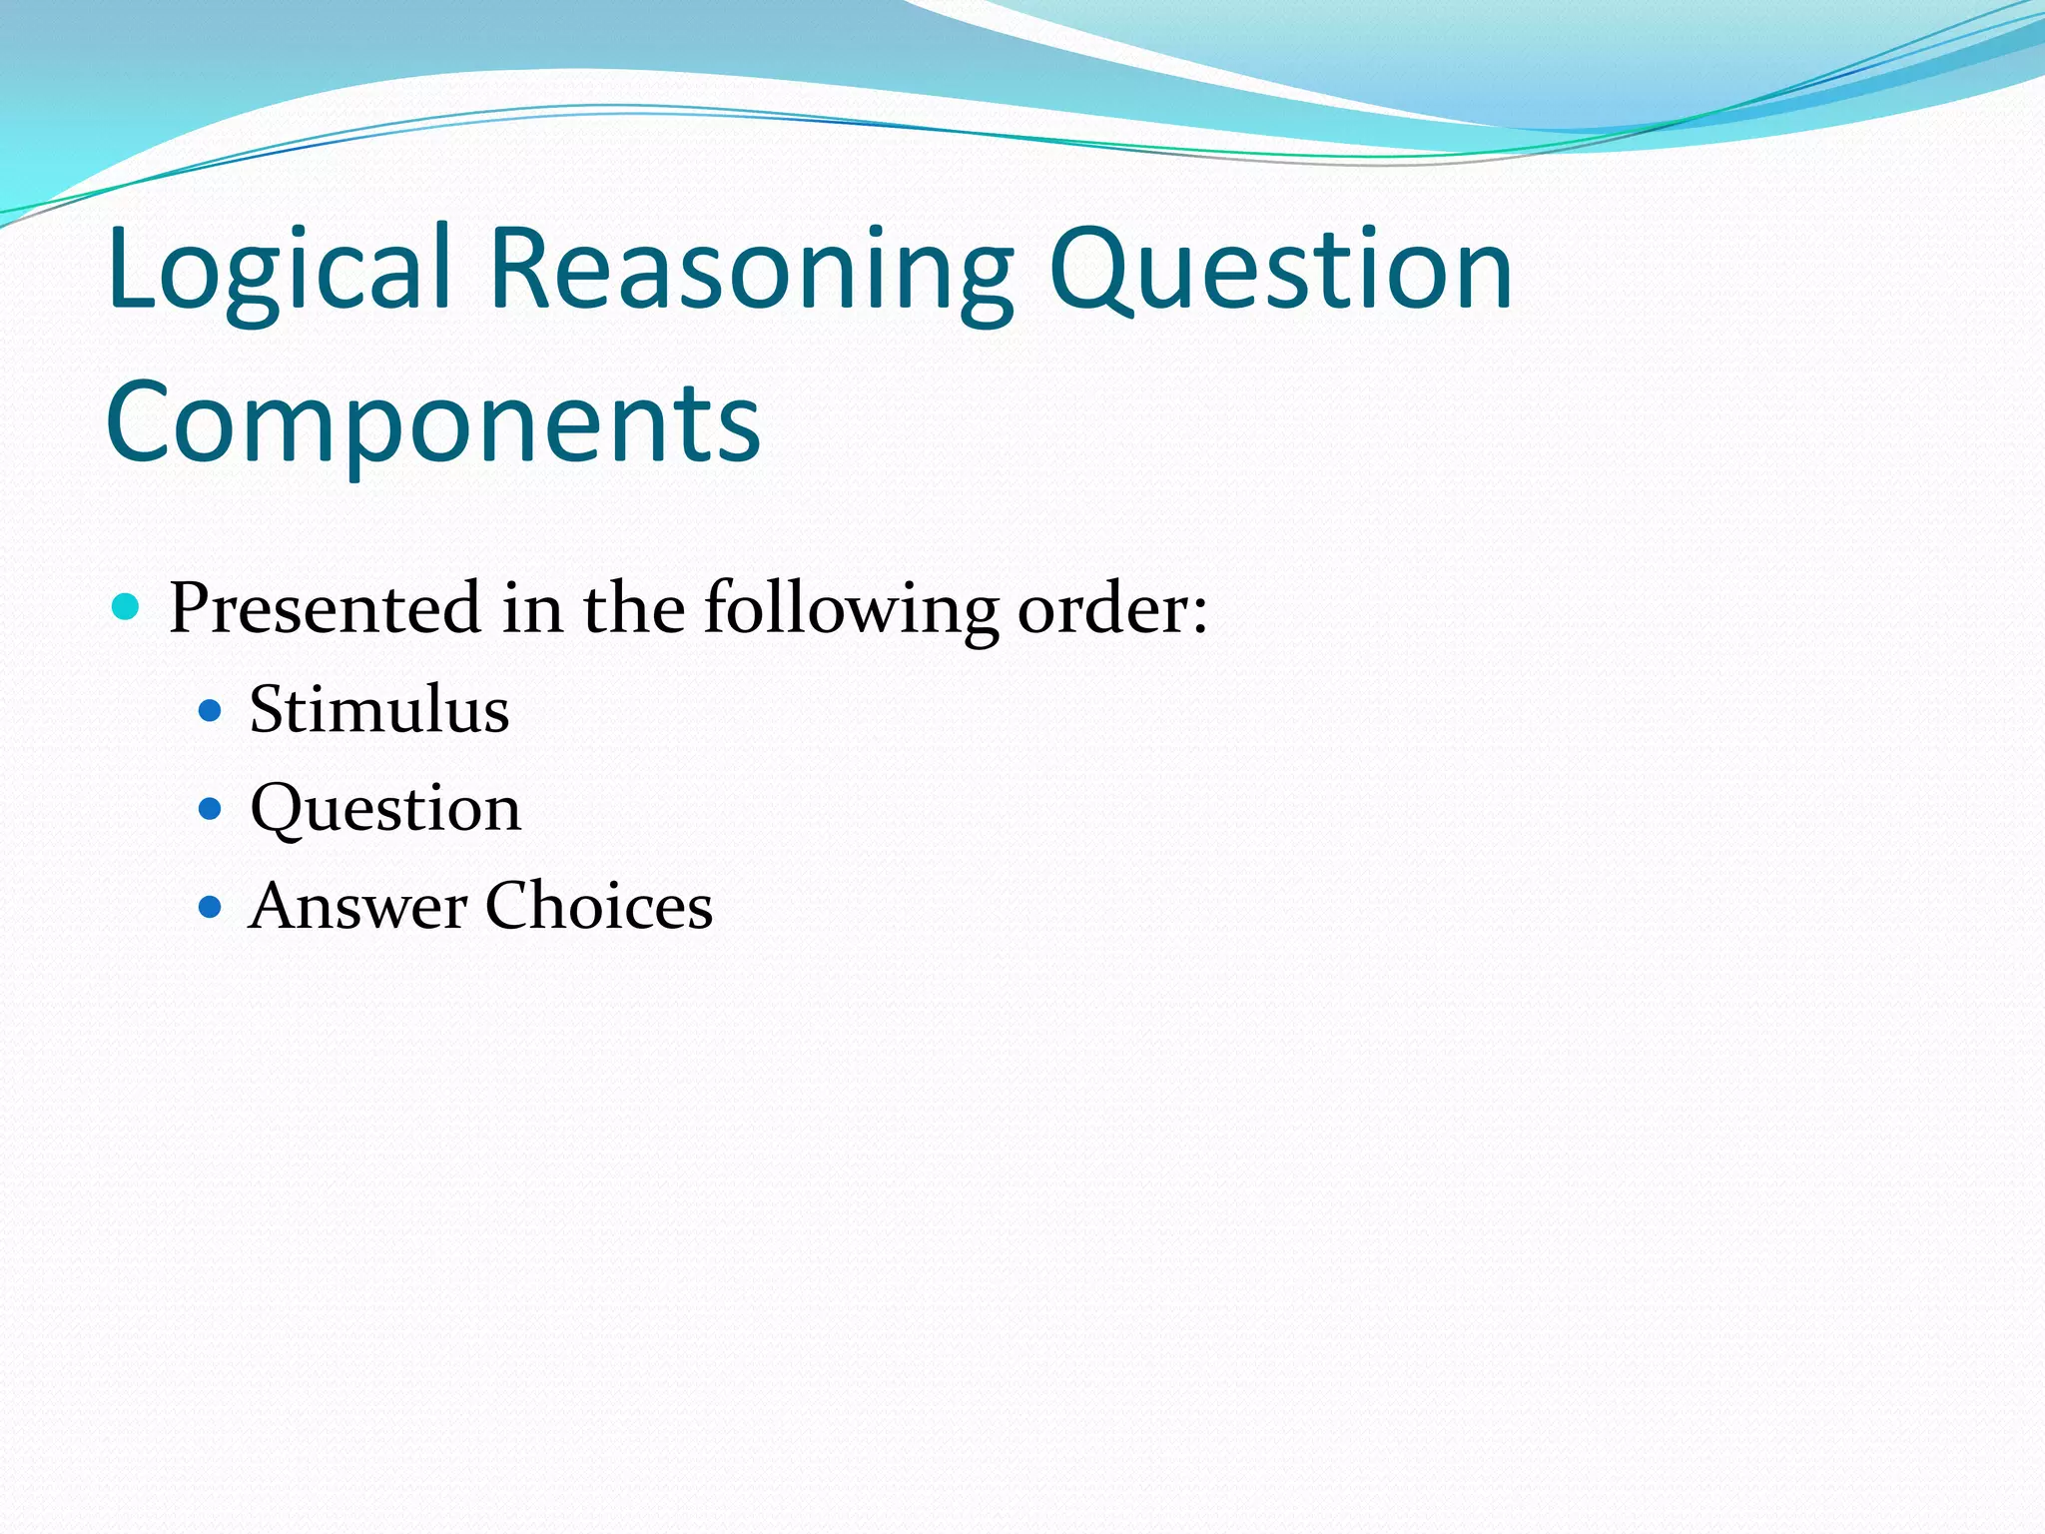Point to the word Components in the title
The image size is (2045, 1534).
432,423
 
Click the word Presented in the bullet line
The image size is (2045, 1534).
325,608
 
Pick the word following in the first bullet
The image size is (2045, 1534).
850,608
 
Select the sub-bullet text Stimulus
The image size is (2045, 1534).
379,710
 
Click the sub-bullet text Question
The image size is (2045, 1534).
385,808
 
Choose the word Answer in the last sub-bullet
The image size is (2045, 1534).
358,906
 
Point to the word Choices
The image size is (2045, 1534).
599,906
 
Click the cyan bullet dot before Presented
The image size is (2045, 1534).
126,606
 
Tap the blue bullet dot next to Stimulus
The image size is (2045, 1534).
210,711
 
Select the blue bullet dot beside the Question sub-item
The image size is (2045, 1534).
210,808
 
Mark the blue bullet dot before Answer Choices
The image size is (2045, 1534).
210,907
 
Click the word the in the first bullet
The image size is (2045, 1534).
634,608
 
